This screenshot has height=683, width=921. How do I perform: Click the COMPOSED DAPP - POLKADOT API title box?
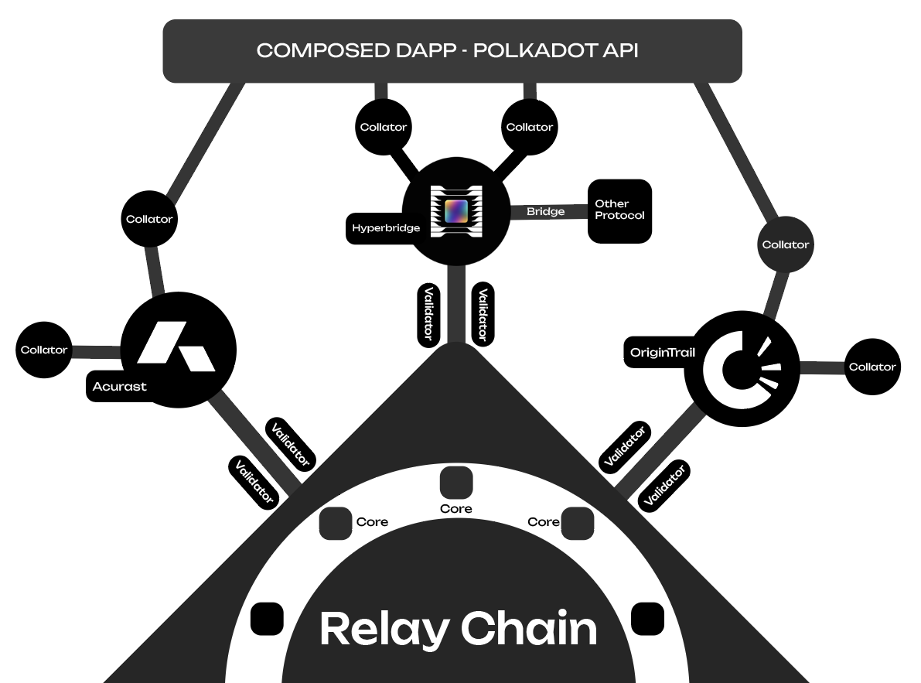[452, 51]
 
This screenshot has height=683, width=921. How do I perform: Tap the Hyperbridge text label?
[386, 228]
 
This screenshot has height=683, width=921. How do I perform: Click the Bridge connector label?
[545, 211]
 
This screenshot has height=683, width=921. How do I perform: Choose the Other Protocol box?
[619, 210]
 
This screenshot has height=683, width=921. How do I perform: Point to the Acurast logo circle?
[179, 347]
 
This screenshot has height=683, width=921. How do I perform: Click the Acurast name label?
[119, 386]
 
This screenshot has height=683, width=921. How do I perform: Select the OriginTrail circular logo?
[742, 369]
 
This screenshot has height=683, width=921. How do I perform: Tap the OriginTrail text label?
[662, 353]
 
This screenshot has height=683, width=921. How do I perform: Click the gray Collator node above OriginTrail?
[785, 244]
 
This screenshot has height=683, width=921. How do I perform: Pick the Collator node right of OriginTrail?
[872, 367]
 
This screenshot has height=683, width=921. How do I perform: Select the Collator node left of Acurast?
[43, 350]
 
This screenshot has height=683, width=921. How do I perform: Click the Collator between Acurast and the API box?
[149, 219]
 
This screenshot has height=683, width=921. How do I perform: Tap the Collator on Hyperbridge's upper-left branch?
[383, 127]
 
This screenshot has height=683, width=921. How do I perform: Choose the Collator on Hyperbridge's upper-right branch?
[530, 127]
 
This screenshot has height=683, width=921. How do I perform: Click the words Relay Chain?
[459, 628]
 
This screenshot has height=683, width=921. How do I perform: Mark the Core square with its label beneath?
[455, 483]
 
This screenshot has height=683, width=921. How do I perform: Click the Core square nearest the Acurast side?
[335, 524]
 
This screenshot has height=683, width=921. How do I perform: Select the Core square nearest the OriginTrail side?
[577, 524]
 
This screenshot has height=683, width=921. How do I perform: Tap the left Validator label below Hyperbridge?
[426, 314]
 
